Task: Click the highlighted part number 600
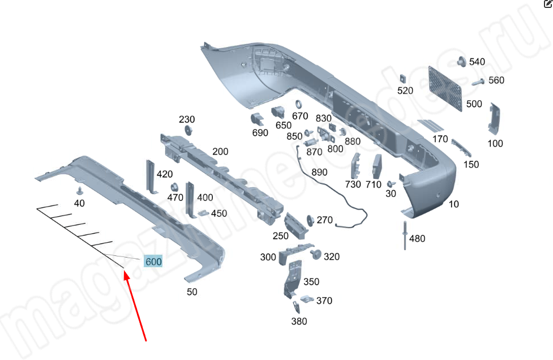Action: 153,262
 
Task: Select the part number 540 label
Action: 477,62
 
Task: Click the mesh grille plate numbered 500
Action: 445,88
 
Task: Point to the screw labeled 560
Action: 475,82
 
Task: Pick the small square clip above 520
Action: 404,78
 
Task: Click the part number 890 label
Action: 319,172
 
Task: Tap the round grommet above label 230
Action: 187,131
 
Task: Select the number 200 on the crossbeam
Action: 220,152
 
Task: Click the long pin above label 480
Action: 406,236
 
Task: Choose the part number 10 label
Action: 454,204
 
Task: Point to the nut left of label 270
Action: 310,220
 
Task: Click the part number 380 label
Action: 299,322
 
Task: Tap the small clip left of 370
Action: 306,300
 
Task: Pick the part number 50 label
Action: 192,292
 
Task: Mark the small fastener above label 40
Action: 80,190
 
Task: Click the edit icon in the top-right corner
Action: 548,3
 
